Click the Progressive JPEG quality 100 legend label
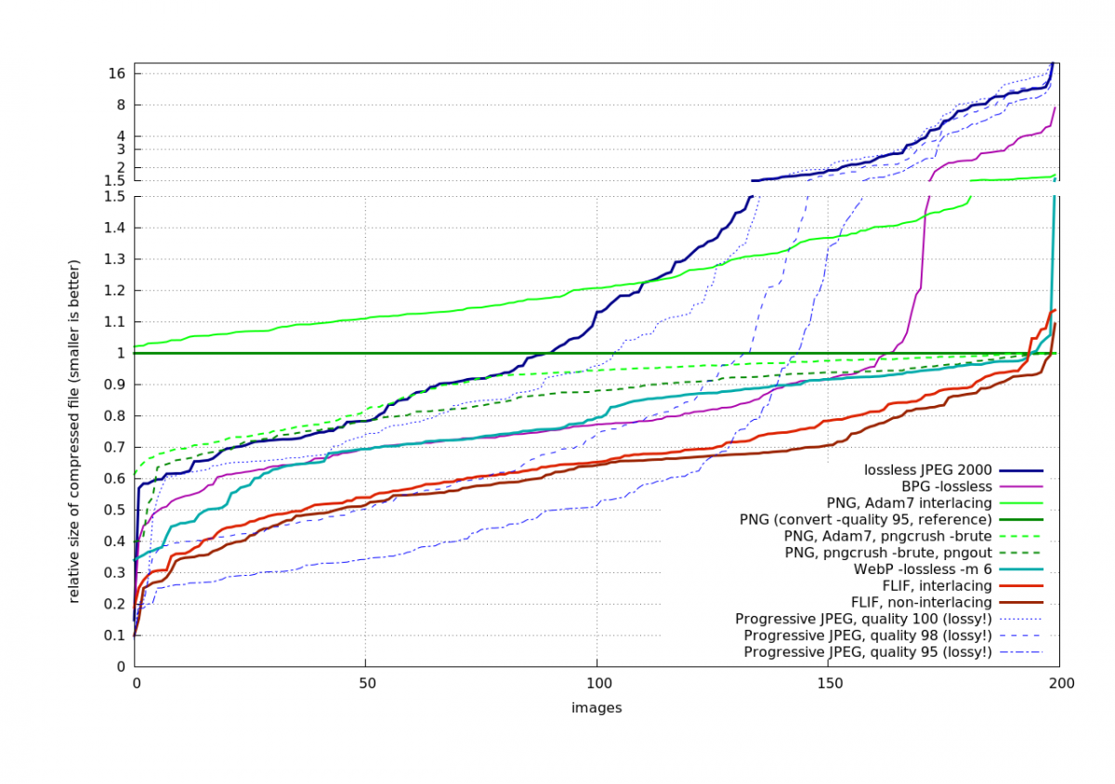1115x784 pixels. click(863, 619)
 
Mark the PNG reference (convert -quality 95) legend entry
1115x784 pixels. click(865, 518)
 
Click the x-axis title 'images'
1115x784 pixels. click(596, 708)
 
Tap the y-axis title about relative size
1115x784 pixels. click(73, 431)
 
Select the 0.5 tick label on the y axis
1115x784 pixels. click(115, 510)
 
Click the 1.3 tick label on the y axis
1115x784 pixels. click(115, 259)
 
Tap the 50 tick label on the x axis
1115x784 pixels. click(365, 683)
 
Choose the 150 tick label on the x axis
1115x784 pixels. click(828, 683)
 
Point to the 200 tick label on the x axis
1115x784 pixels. click(1060, 683)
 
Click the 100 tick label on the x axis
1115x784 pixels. click(597, 683)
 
